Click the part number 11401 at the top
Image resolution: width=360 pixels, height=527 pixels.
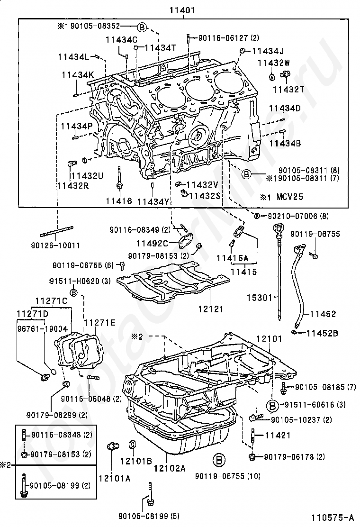[182, 10]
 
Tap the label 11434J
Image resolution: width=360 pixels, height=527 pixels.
[268, 51]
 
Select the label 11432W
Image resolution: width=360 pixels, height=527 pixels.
[274, 63]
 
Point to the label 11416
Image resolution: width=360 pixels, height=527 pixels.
[119, 201]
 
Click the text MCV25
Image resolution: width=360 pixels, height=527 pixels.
[289, 197]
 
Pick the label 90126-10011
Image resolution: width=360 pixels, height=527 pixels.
[56, 245]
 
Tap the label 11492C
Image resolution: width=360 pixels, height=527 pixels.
[152, 243]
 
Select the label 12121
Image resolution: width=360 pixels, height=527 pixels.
[211, 309]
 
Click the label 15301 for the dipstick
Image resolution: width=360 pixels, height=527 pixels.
[260, 298]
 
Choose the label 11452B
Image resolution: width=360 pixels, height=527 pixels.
[322, 333]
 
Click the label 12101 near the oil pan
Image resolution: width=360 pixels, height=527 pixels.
[270, 339]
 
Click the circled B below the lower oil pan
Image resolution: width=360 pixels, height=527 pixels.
[219, 460]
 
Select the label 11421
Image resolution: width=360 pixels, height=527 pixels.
[278, 435]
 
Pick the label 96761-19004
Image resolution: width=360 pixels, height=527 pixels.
[42, 328]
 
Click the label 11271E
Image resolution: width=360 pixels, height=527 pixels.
[99, 323]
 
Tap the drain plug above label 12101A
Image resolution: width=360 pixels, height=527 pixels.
[113, 446]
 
